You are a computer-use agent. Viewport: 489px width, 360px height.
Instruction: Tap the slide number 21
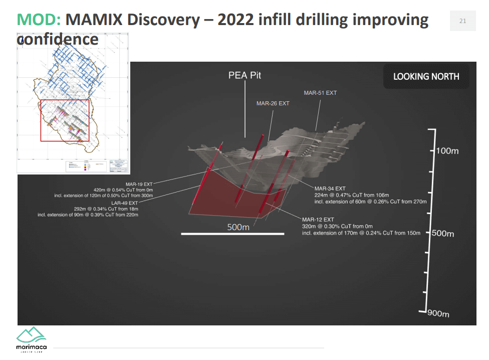[462, 21]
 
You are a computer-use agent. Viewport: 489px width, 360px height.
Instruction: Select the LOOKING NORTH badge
[426, 77]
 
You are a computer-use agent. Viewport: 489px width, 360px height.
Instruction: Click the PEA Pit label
[245, 76]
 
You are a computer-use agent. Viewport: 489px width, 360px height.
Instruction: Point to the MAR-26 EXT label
[273, 103]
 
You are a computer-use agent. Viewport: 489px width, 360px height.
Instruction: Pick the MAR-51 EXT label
[320, 93]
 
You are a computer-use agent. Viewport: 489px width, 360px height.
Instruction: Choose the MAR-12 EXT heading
[318, 220]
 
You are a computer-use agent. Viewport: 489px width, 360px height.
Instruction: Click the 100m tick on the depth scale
[447, 151]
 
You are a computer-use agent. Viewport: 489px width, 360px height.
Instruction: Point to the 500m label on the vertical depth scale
[443, 233]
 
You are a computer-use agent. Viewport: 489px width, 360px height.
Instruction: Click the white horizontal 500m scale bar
[232, 234]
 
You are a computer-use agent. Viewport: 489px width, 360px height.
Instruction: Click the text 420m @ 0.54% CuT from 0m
[123, 190]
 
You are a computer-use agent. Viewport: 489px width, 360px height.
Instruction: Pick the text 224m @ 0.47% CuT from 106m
[352, 195]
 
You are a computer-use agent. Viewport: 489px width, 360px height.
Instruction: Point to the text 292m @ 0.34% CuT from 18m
[105, 209]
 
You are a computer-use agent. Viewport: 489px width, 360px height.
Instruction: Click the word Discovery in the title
[133, 20]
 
